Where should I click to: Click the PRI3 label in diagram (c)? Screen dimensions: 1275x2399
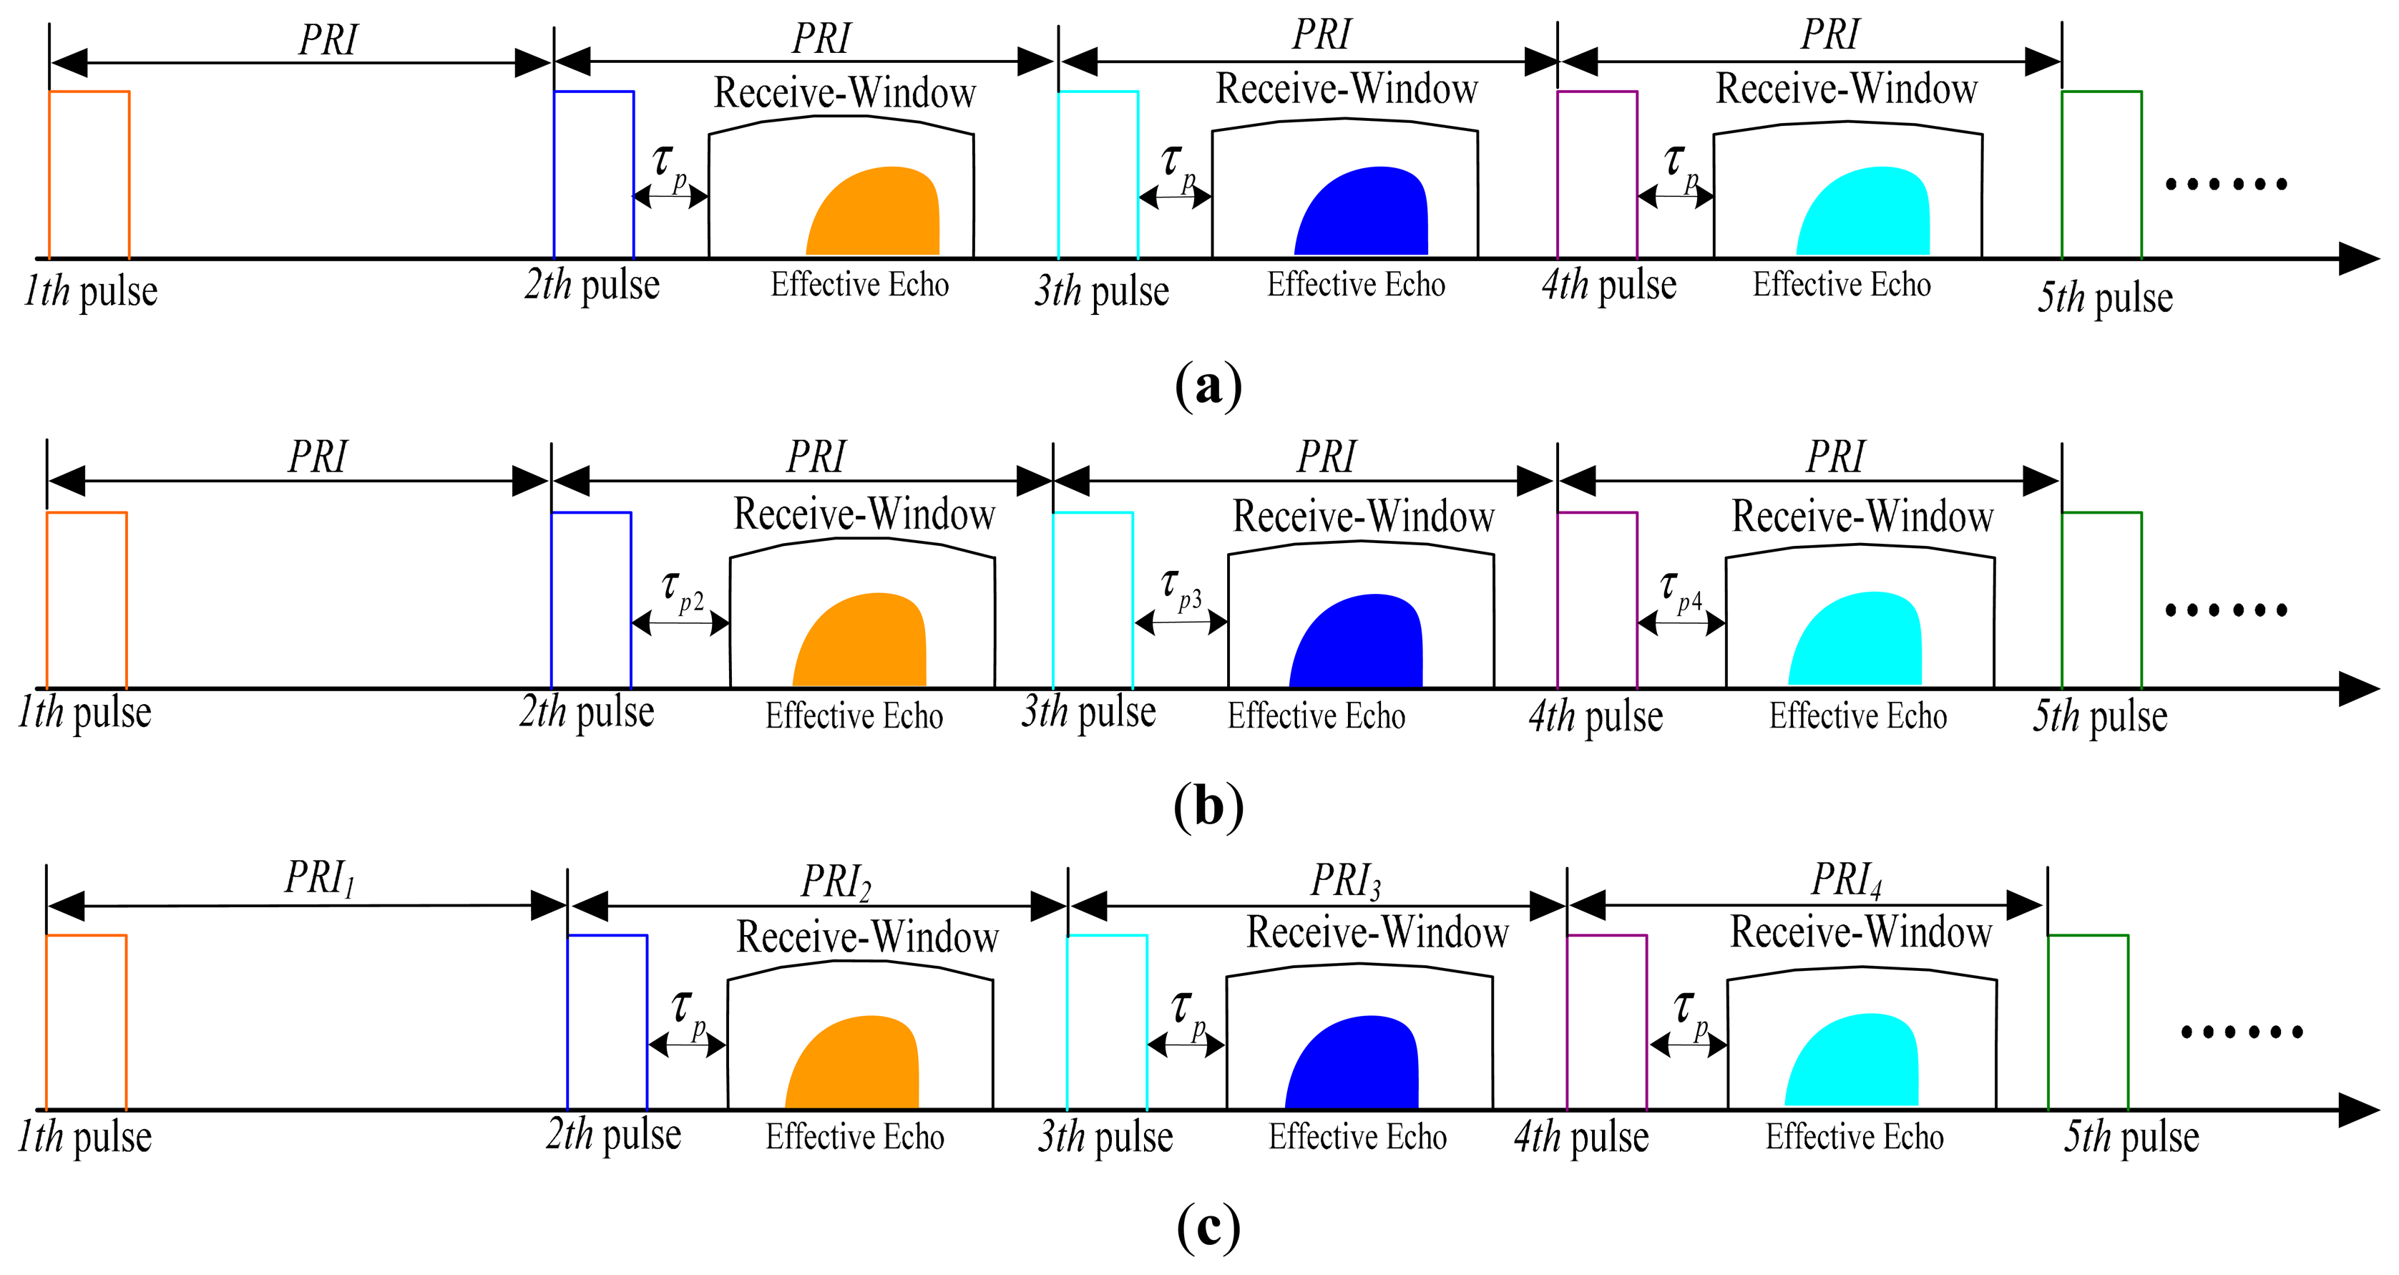click(1346, 880)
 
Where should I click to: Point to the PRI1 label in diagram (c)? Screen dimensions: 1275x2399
click(319, 877)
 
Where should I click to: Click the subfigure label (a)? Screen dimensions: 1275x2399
click(1208, 385)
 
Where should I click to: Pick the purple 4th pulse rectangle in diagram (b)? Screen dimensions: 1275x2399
click(1597, 601)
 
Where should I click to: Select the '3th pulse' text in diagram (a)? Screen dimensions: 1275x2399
click(1102, 291)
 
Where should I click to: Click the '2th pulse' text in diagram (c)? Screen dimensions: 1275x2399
click(614, 1134)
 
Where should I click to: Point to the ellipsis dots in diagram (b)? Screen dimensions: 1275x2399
click(2226, 611)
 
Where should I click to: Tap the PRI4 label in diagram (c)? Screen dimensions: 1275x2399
click(1846, 880)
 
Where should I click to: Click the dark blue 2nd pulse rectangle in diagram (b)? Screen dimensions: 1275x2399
click(592, 601)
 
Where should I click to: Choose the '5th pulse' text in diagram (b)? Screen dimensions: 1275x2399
click(2099, 716)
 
